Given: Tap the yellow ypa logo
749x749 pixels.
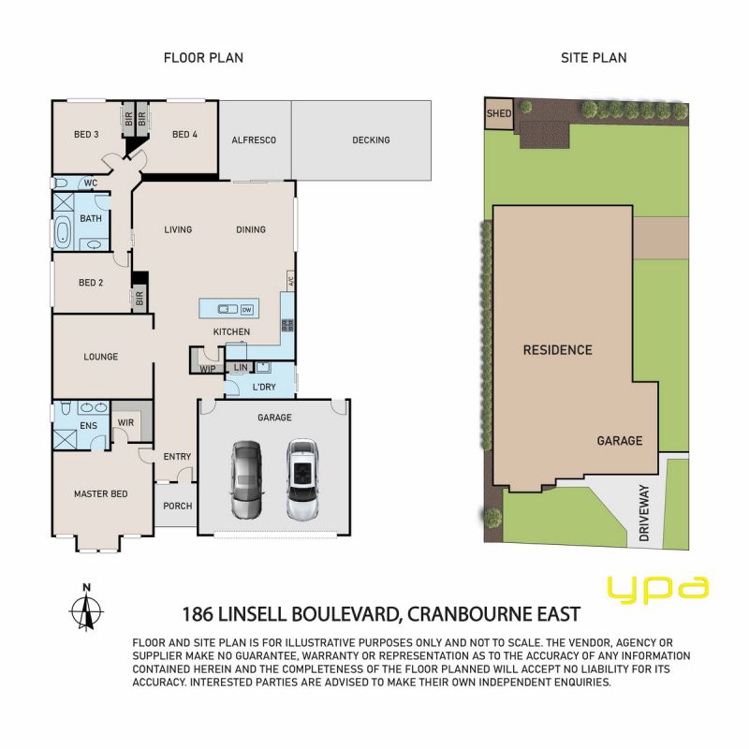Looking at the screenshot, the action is point(658,589).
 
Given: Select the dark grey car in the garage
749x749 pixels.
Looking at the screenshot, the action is point(246,480).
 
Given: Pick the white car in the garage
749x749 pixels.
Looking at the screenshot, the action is point(302,479).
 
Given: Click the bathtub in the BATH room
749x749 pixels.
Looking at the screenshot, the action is point(63,232).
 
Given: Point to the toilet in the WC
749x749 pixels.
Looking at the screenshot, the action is point(61,183).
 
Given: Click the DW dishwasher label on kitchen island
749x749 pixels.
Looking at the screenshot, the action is point(246,310).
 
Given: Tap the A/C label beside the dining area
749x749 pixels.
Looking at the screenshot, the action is point(290,279).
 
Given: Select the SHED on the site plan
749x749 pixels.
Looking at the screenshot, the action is point(499,113).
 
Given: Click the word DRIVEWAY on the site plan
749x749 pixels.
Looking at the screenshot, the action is point(644,513).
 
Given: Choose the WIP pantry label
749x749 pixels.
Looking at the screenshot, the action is point(207,369).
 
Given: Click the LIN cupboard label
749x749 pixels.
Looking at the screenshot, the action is point(241,367).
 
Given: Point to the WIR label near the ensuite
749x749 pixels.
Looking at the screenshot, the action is point(125,423).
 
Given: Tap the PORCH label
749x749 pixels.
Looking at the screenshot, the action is point(178,506).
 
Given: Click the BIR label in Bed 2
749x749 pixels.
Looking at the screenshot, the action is point(140,299).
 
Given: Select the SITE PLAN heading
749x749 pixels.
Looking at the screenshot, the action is point(594,58).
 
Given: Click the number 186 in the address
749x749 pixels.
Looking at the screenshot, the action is point(197,614).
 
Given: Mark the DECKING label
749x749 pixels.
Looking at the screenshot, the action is point(371,140).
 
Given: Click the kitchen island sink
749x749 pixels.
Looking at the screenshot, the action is point(228,310).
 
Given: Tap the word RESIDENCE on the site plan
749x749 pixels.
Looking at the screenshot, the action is point(557,350).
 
